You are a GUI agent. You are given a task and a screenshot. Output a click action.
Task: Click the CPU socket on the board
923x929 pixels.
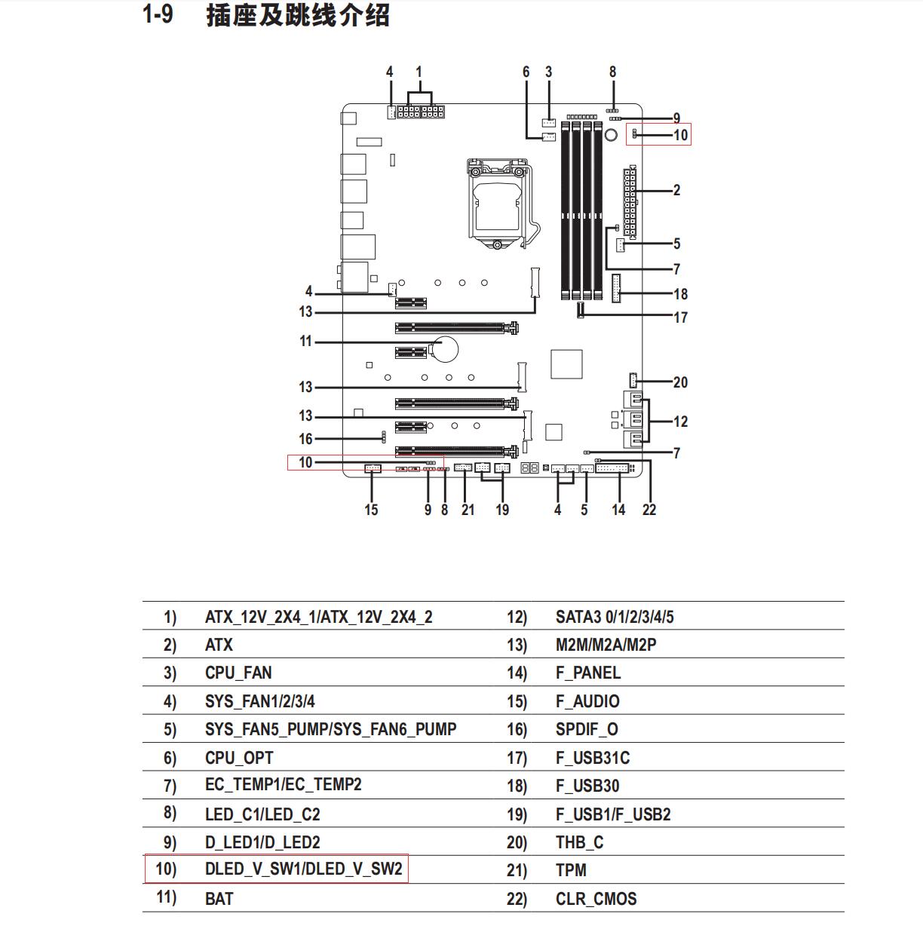[503, 204]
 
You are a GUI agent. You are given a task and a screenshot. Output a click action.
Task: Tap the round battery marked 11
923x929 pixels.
[443, 349]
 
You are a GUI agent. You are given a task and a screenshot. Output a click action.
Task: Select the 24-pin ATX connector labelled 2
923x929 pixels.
[630, 202]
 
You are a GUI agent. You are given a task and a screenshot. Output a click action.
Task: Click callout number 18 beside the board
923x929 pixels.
[680, 293]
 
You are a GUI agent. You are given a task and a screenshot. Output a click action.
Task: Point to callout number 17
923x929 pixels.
[680, 317]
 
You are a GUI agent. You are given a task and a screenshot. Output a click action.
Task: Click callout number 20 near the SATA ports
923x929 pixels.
[680, 382]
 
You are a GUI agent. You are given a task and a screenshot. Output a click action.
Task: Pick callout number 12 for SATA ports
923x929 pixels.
[680, 422]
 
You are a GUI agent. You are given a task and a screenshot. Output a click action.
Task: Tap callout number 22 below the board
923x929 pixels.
[649, 510]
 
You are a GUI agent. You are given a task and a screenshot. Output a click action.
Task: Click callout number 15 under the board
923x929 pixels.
[371, 510]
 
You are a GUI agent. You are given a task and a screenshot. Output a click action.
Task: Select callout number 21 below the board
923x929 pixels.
[468, 510]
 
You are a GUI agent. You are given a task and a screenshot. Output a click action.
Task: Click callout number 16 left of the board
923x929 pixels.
[305, 439]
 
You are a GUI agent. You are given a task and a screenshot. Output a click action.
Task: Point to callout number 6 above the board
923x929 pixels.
[526, 72]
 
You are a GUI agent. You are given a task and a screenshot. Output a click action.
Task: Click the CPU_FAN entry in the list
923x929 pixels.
[238, 673]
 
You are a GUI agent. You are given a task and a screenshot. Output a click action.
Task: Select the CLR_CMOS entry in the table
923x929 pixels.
[596, 899]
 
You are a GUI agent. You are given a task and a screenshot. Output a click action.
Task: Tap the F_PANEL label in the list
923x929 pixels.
[588, 673]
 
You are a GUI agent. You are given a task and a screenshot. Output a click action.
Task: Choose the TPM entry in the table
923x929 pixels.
[571, 870]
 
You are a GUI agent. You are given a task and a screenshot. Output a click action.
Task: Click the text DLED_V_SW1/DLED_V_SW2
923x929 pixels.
[303, 869]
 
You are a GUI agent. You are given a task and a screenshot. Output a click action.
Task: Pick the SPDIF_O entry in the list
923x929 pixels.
[587, 729]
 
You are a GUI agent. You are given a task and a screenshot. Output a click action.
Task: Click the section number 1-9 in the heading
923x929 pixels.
[158, 14]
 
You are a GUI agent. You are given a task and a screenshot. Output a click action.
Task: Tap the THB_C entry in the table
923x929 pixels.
[580, 842]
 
